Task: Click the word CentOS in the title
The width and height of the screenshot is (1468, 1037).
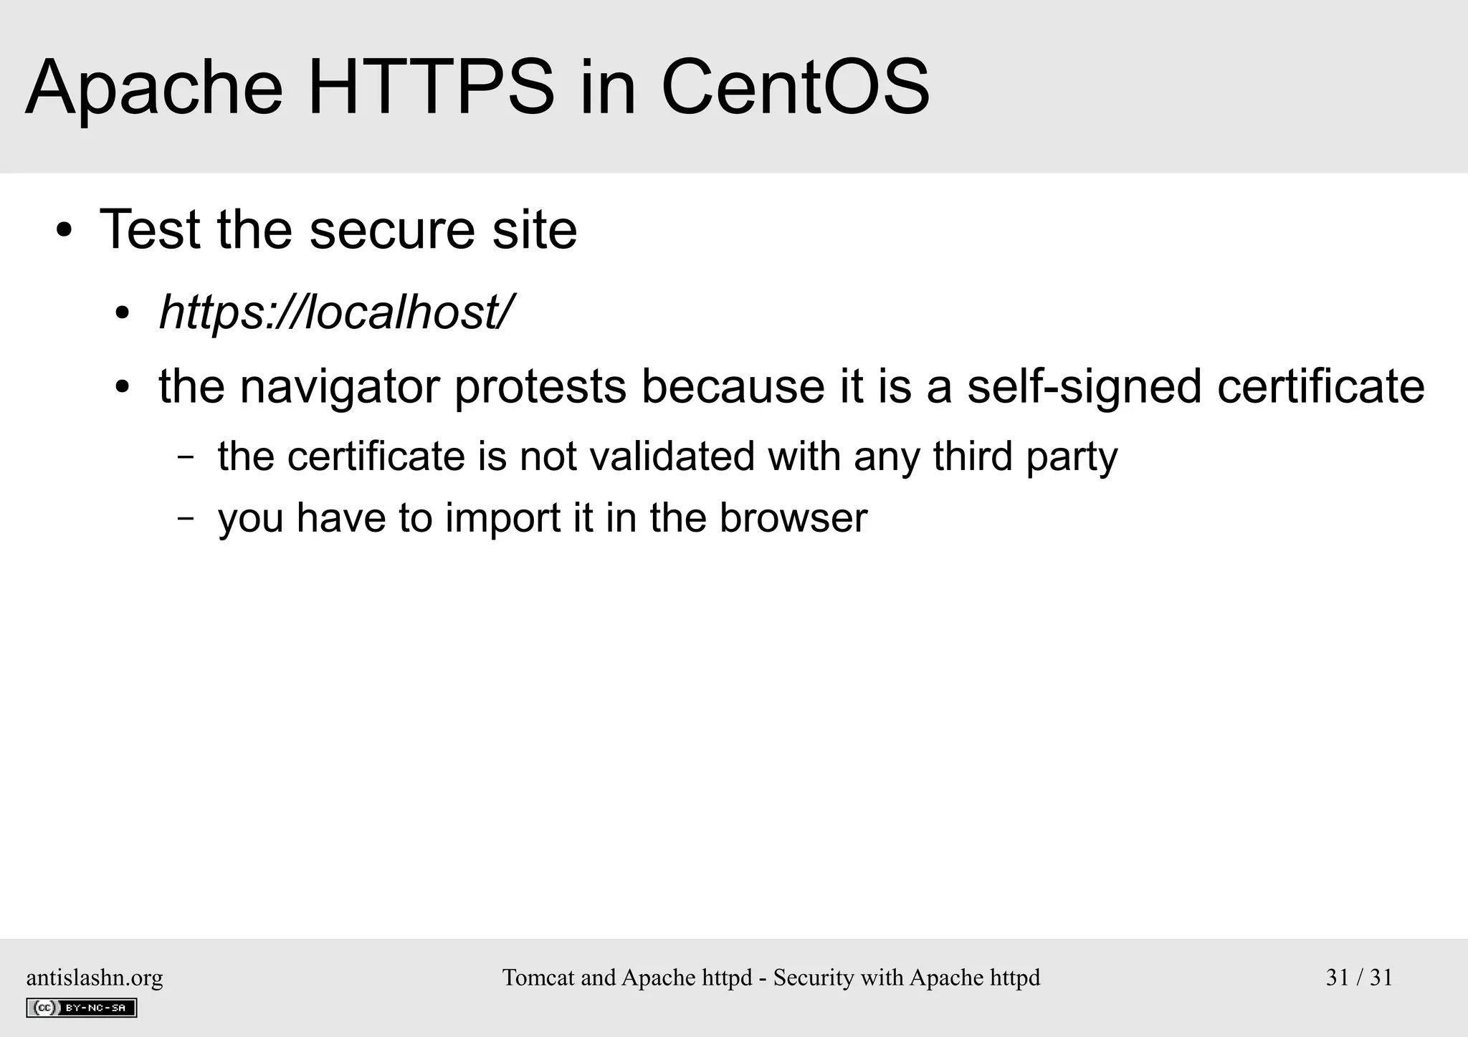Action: click(795, 88)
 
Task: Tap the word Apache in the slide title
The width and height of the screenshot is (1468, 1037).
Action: click(154, 88)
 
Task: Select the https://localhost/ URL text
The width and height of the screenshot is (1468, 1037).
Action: click(335, 312)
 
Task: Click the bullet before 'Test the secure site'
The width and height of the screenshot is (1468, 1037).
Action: click(65, 231)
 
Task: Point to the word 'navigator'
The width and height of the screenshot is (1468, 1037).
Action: click(339, 387)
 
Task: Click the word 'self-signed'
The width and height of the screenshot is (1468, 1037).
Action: click(1084, 387)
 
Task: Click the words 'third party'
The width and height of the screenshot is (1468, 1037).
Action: click(1025, 457)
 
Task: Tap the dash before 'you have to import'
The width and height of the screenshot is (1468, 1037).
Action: click(186, 518)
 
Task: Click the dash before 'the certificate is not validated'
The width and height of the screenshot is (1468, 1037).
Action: click(186, 457)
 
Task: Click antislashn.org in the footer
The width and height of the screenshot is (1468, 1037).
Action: click(95, 978)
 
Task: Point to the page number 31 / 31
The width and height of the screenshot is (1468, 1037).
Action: click(1359, 978)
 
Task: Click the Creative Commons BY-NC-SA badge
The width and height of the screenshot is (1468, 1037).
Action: click(82, 1008)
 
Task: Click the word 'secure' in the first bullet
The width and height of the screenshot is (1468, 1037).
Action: click(392, 231)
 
